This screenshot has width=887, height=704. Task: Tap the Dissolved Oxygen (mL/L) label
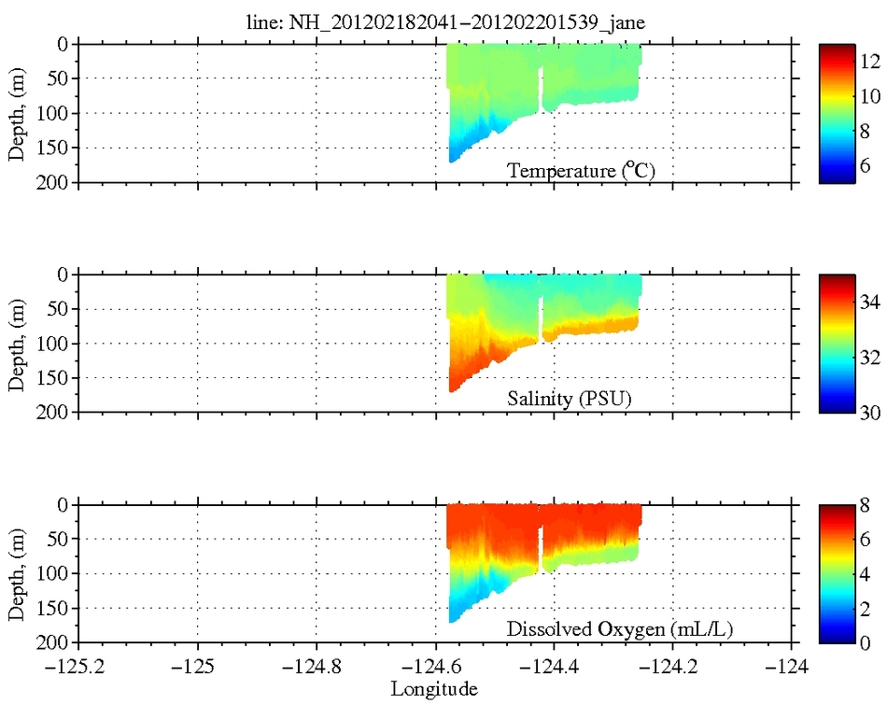click(x=620, y=630)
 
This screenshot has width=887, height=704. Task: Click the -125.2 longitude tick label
click(x=78, y=668)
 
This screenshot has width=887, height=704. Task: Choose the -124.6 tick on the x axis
click(x=436, y=668)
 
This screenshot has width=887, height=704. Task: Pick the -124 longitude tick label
click(x=793, y=668)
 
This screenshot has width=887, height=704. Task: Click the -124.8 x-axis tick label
click(x=317, y=668)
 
